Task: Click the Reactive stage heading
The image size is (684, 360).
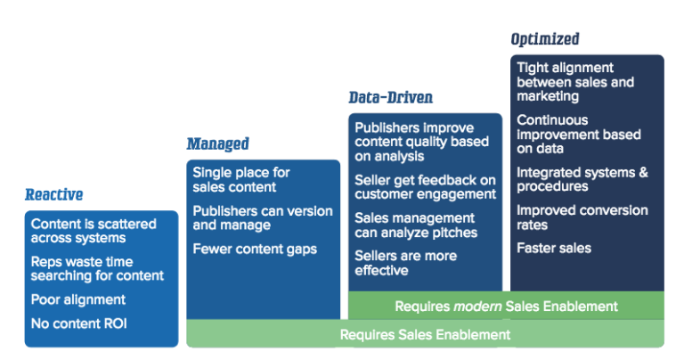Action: (x=53, y=194)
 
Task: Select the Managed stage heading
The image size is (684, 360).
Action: (x=217, y=143)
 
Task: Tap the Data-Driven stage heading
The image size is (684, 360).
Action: (x=391, y=97)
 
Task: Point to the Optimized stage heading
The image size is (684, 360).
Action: (x=544, y=39)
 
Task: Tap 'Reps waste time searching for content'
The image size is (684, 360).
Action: (x=94, y=269)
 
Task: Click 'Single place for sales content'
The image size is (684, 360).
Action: (x=241, y=179)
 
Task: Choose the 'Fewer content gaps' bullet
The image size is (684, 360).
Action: (x=255, y=249)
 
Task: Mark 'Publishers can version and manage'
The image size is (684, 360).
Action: (x=262, y=217)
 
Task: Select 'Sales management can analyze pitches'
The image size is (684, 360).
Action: (x=416, y=225)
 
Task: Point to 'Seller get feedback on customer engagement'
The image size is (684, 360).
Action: (x=425, y=187)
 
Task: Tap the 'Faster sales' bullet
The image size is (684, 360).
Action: (x=552, y=248)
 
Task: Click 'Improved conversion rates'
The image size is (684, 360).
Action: (x=582, y=217)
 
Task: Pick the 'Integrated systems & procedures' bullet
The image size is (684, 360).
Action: (x=582, y=179)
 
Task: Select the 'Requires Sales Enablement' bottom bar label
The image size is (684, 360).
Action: (x=425, y=334)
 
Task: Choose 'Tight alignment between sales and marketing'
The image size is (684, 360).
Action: (x=575, y=82)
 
